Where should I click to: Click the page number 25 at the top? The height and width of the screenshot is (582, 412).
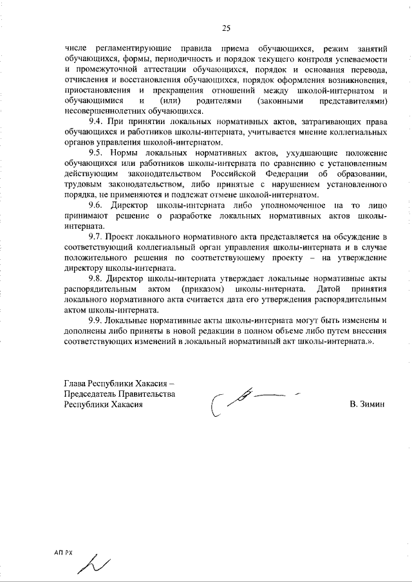(x=227, y=27)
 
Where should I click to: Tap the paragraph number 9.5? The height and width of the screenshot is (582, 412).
(x=97, y=153)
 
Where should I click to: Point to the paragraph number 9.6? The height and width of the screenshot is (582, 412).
(x=97, y=205)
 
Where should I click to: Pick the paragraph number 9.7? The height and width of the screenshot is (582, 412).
(x=97, y=237)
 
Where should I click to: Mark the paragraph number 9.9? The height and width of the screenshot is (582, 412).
(x=97, y=320)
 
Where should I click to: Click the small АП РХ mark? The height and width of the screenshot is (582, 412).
(x=64, y=552)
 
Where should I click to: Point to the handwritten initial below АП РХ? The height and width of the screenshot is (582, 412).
(x=93, y=564)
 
